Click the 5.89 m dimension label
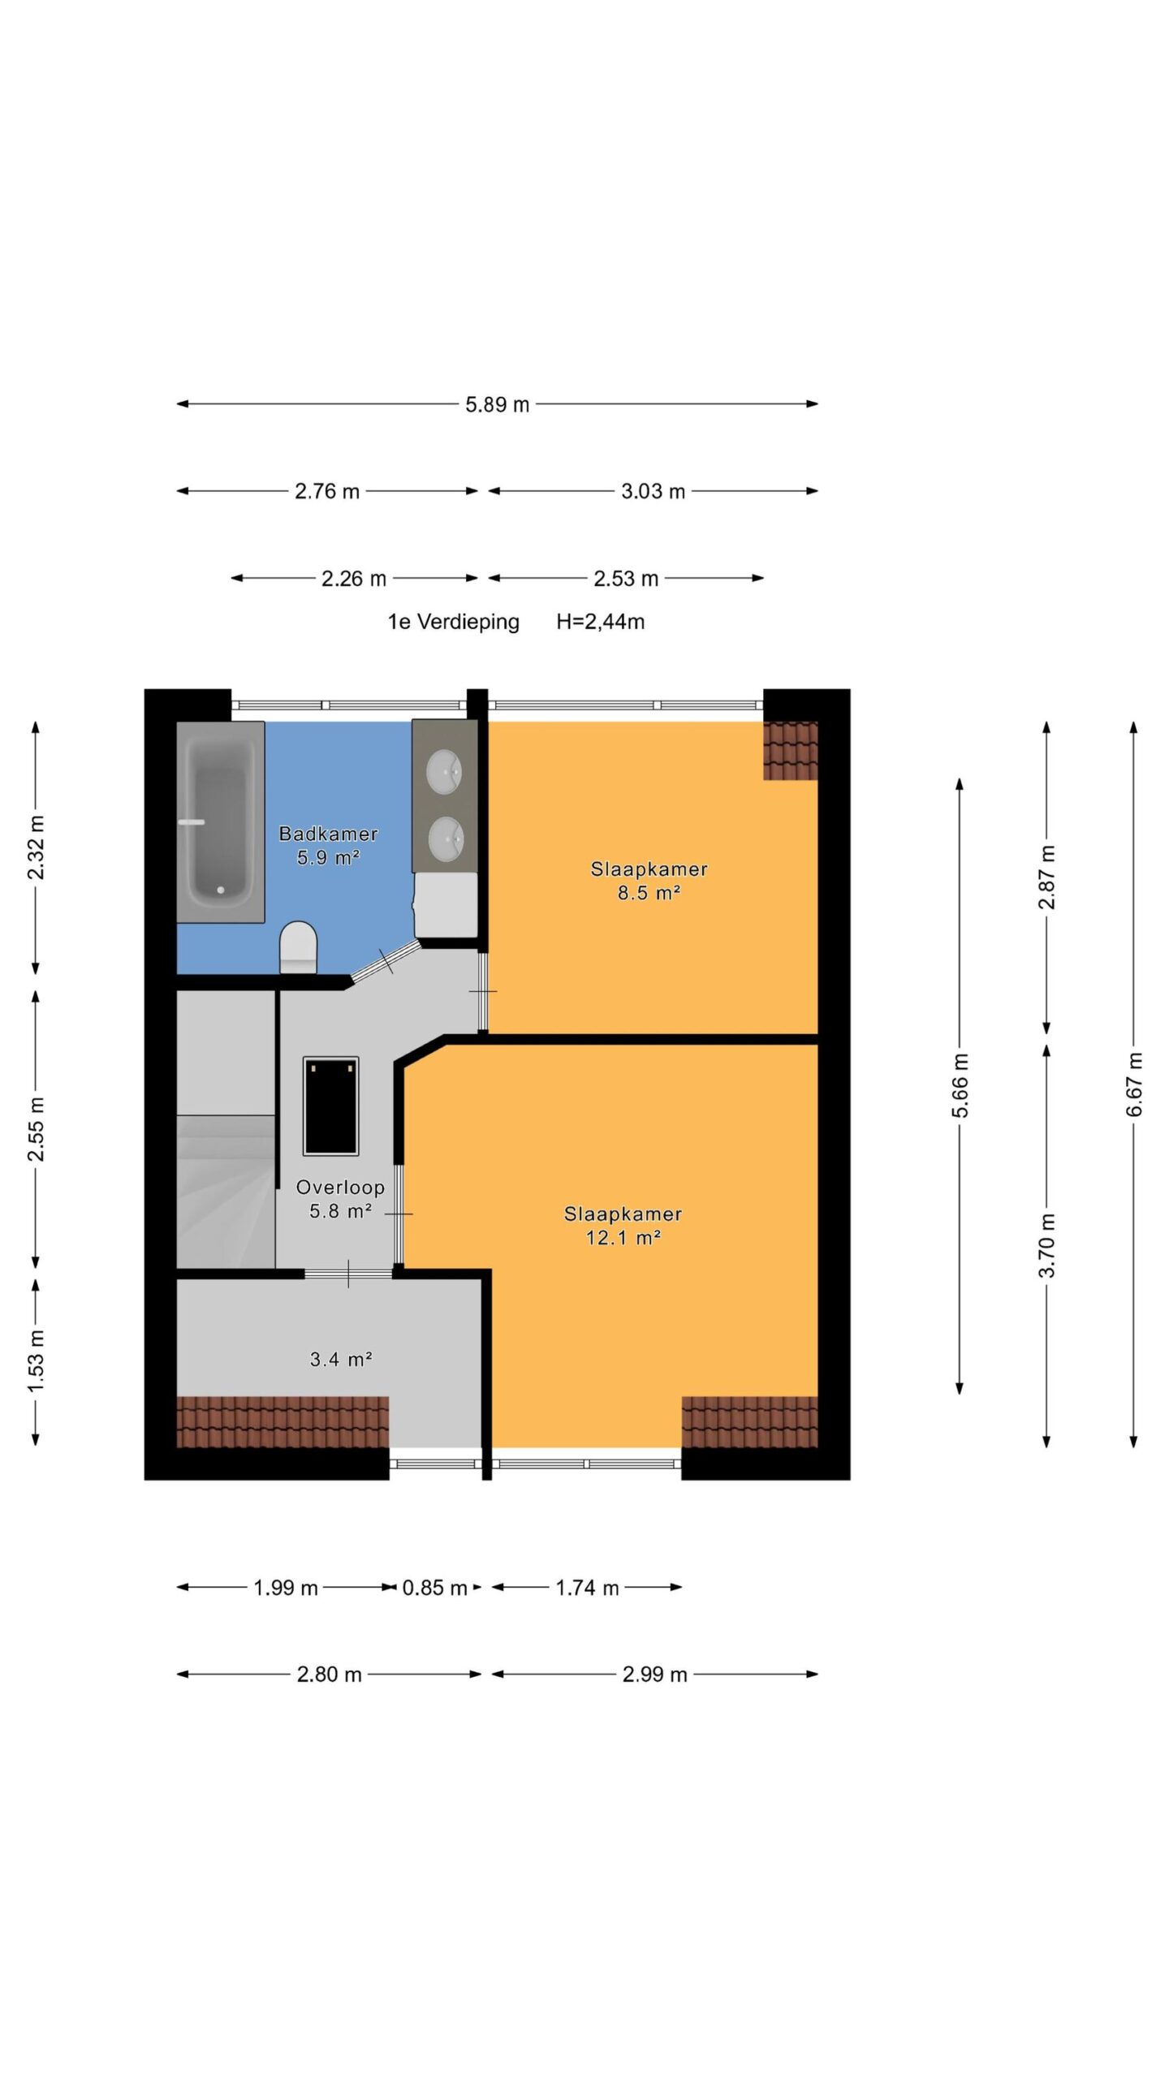tap(497, 404)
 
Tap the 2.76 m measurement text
tap(327, 491)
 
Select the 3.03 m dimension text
tap(654, 491)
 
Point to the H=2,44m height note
tap(601, 622)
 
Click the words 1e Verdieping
tap(454, 622)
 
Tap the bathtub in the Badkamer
tap(221, 821)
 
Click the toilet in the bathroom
tap(299, 946)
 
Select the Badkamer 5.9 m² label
tap(328, 845)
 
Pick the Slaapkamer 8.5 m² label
tap(649, 881)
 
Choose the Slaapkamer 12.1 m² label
tap(623, 1226)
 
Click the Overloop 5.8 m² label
tap(340, 1199)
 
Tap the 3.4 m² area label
tap(341, 1359)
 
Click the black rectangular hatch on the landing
tap(330, 1106)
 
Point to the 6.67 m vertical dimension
tap(1134, 1084)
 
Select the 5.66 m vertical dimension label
tap(960, 1085)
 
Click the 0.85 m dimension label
tap(435, 1588)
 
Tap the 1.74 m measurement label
tap(587, 1588)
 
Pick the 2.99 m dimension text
tap(655, 1675)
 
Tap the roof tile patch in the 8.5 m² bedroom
tap(790, 751)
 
